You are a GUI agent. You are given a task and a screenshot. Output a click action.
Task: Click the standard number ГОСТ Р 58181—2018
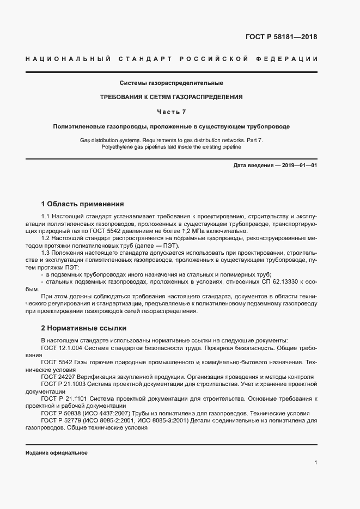(x=278, y=37)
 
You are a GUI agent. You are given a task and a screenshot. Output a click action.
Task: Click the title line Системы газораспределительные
(x=171, y=83)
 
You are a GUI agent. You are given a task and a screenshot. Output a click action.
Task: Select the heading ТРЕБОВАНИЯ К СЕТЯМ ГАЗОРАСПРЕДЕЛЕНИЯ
(x=171, y=97)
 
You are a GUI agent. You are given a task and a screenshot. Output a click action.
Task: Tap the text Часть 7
(x=171, y=112)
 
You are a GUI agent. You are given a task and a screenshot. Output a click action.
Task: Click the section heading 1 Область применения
(x=83, y=204)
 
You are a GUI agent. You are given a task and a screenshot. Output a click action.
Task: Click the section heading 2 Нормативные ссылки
(x=84, y=328)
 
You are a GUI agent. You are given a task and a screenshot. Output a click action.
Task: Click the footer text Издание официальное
(x=56, y=453)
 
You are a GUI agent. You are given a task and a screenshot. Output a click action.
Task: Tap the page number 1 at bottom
(x=315, y=463)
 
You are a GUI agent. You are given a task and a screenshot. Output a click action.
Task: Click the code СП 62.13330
(x=280, y=282)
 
